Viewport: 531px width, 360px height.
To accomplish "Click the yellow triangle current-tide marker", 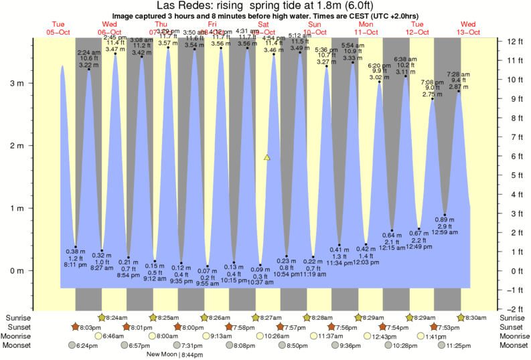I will [267, 157].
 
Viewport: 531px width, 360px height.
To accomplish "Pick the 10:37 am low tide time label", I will [260, 282].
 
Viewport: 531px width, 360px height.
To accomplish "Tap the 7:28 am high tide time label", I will [458, 73].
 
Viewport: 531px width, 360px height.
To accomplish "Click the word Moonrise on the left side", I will [19, 336].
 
